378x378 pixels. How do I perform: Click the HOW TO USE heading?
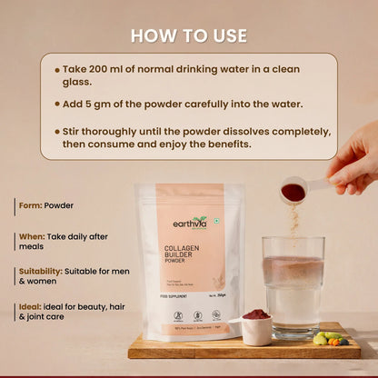[x=188, y=35]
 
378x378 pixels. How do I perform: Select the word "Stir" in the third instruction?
[x=74, y=130]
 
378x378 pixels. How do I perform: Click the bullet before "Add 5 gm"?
[x=57, y=104]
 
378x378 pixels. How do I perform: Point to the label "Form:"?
[x=32, y=205]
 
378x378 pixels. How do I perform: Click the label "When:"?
[x=33, y=236]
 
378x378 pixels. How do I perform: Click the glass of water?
[x=293, y=286]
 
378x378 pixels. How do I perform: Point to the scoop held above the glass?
[x=294, y=191]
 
